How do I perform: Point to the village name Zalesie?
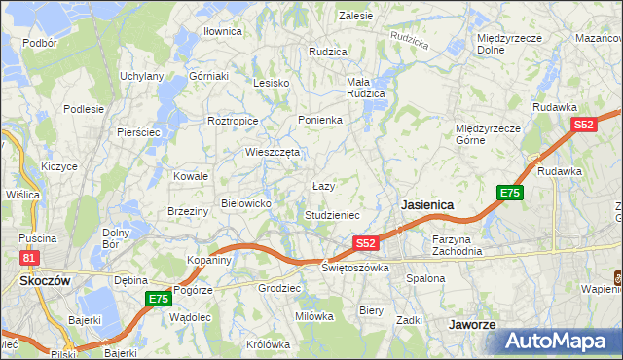(x=356, y=16)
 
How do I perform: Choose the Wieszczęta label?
(x=273, y=152)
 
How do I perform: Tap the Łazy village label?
(x=323, y=185)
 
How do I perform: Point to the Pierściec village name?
(x=137, y=131)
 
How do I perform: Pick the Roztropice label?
(x=233, y=121)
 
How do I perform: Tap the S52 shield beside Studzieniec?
(x=365, y=242)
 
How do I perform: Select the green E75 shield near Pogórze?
(x=159, y=299)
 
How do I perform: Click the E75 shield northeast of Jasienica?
(x=510, y=193)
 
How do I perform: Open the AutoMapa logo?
(x=559, y=341)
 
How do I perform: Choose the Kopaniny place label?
(x=209, y=261)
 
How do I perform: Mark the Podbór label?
(x=40, y=43)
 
